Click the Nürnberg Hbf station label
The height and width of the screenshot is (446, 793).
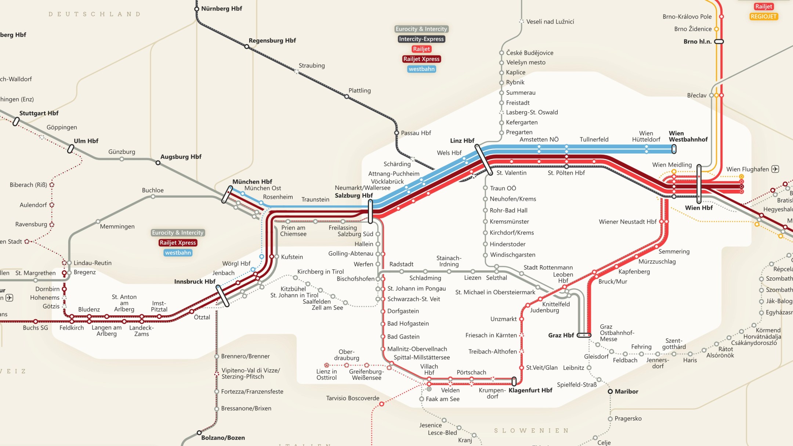pos(221,8)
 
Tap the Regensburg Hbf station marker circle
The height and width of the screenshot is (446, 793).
pos(247,47)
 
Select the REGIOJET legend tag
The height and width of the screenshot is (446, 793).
pos(763,17)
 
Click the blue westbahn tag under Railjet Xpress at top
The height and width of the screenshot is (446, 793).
pos(421,69)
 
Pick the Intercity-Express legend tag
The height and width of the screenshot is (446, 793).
pos(421,39)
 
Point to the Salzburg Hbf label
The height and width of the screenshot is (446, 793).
pos(354,195)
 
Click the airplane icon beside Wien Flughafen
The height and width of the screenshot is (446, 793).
pos(775,169)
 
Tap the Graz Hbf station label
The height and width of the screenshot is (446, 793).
pos(561,335)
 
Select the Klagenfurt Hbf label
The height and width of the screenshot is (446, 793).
pos(530,390)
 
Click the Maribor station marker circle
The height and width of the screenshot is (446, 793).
pos(610,392)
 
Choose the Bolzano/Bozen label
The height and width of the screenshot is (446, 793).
pos(223,438)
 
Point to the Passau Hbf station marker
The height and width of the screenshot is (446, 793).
pos(396,133)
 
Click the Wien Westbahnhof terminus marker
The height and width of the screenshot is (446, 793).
pos(674,149)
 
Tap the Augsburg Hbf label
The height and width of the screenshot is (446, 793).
pos(181,157)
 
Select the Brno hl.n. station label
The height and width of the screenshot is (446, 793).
pos(697,42)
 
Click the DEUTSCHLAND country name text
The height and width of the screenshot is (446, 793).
pos(94,14)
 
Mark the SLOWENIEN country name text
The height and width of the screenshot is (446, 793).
pos(531,430)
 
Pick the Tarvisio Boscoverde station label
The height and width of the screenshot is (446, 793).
pos(352,398)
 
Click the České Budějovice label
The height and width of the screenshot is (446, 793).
pos(529,53)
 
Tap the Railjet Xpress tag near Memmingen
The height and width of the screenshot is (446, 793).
pos(178,242)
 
